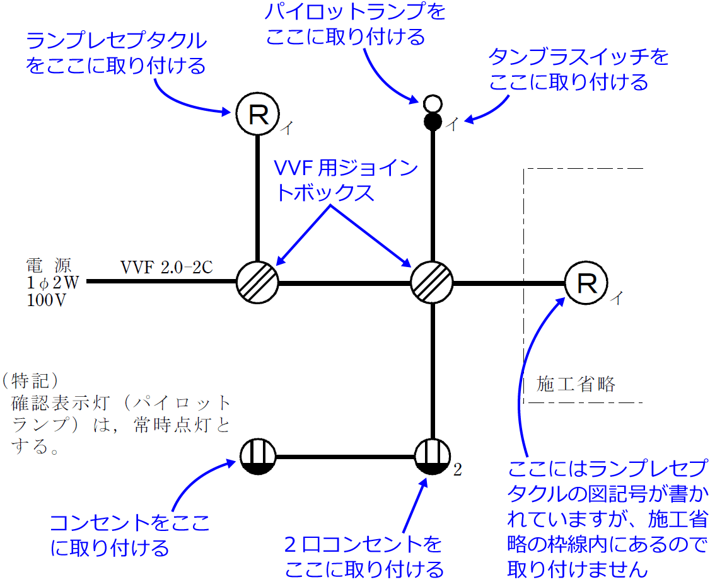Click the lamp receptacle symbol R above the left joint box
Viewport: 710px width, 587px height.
pos(257,113)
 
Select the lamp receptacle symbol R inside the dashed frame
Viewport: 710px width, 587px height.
pos(586,283)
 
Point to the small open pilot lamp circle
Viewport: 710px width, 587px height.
pos(432,102)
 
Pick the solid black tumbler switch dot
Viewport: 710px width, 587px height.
pos(432,120)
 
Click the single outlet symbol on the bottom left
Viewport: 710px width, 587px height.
pos(258,456)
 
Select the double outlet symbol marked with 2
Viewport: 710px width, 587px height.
pos(433,456)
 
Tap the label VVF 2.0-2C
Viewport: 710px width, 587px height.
pos(166,267)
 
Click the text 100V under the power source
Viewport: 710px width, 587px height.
pos(47,300)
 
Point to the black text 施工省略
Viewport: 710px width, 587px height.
pos(575,384)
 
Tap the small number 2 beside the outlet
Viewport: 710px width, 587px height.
pos(458,470)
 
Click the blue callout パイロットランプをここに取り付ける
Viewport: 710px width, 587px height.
pos(346,25)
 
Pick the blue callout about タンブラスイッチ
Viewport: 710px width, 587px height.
pos(578,69)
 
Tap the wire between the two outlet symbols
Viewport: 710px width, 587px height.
pos(345,456)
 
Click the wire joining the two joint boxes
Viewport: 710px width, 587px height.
pos(344,282)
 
